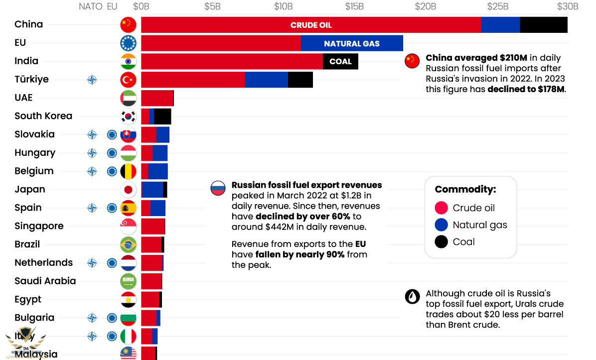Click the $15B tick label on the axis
click(354, 6)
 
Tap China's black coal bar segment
click(543, 25)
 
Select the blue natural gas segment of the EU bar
click(352, 43)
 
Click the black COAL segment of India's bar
click(340, 62)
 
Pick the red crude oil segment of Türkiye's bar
click(193, 80)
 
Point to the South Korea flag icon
click(128, 117)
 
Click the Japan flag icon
click(128, 190)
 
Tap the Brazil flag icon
click(128, 244)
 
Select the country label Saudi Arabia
click(45, 281)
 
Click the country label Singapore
click(39, 226)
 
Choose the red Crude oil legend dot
click(441, 208)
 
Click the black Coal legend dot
click(441, 242)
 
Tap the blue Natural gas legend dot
click(441, 225)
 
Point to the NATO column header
click(91, 6)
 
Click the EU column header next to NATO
click(112, 6)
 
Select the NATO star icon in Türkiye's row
click(92, 80)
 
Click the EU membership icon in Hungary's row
click(112, 153)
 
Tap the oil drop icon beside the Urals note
click(412, 297)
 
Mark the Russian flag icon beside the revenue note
click(218, 188)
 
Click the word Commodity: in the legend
click(465, 189)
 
